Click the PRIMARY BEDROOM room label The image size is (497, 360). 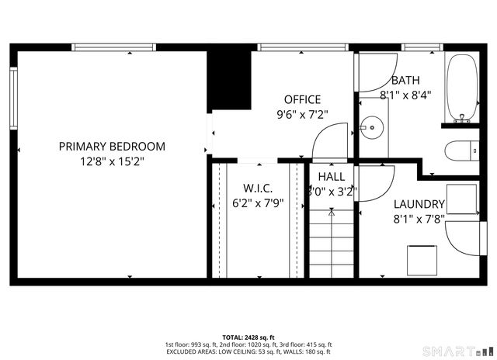coord(113,146)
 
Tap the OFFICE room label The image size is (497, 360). coord(302,99)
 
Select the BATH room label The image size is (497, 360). coord(405,81)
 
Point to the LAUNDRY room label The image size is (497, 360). coord(419,205)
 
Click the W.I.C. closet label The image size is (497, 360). coord(257,189)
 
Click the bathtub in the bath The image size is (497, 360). coord(464,88)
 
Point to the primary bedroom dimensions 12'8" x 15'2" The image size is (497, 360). coord(113,161)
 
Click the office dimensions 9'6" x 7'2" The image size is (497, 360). coord(302,114)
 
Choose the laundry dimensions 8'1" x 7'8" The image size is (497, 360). coord(419,220)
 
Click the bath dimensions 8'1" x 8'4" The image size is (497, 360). coord(405,95)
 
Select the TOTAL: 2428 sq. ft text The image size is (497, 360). coord(248,337)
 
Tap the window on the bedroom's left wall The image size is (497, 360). coord(13,97)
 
